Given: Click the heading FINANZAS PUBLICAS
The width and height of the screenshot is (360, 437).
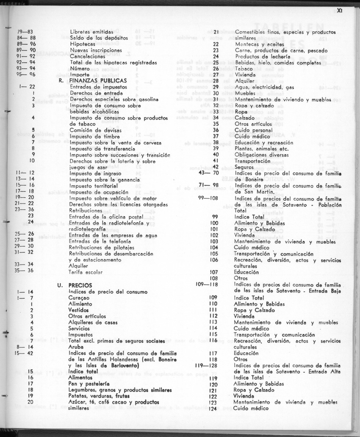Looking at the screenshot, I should pos(97,80).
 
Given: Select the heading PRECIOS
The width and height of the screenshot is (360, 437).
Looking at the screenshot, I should pos(80,285).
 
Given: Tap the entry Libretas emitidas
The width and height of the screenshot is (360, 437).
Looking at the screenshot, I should pos(91,32).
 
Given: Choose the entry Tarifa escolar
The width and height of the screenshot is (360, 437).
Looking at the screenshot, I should pos(86,272).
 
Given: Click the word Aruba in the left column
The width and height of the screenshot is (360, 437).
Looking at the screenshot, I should pos(77,347).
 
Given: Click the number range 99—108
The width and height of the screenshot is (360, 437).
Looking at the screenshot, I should pos(208,198).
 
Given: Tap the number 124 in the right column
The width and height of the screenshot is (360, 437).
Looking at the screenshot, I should pos(213,409).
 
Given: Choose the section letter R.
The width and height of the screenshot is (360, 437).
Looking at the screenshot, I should pos(61,80).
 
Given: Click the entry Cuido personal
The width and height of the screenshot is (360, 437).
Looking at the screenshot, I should pos(254,130).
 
